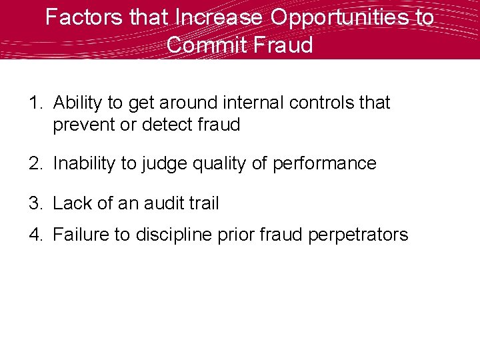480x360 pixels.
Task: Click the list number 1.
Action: [x=35, y=103]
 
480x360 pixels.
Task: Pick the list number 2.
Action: [x=35, y=163]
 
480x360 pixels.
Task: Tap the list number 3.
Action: [x=35, y=203]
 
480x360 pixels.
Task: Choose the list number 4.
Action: [x=35, y=235]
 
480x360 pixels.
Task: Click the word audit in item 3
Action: [x=163, y=203]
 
